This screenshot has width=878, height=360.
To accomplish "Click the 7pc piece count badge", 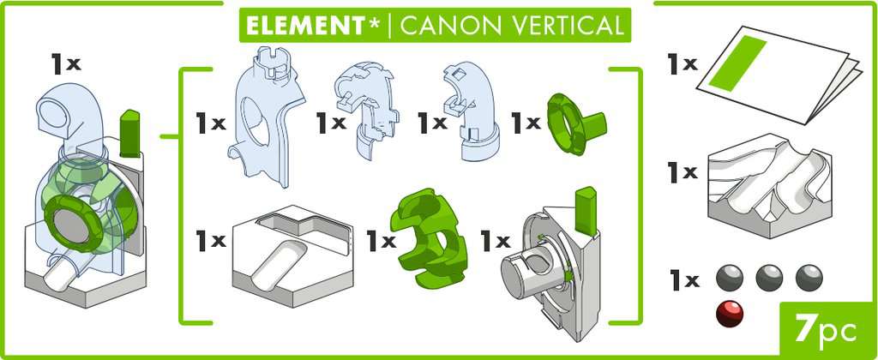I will pos(822,328).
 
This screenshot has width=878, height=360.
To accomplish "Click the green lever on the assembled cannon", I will pos(130,133).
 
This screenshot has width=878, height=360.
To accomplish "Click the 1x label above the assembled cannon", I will pos(65,63).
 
